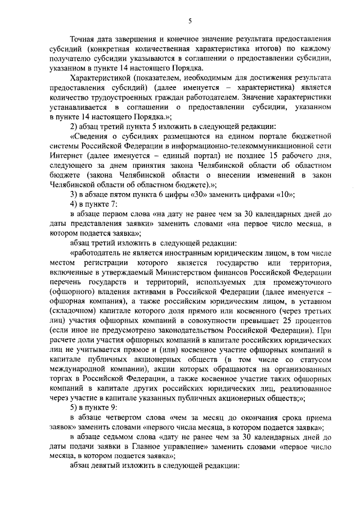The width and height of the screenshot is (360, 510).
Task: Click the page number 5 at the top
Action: point(190,21)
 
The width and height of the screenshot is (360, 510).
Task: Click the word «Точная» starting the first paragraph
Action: point(83,40)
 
